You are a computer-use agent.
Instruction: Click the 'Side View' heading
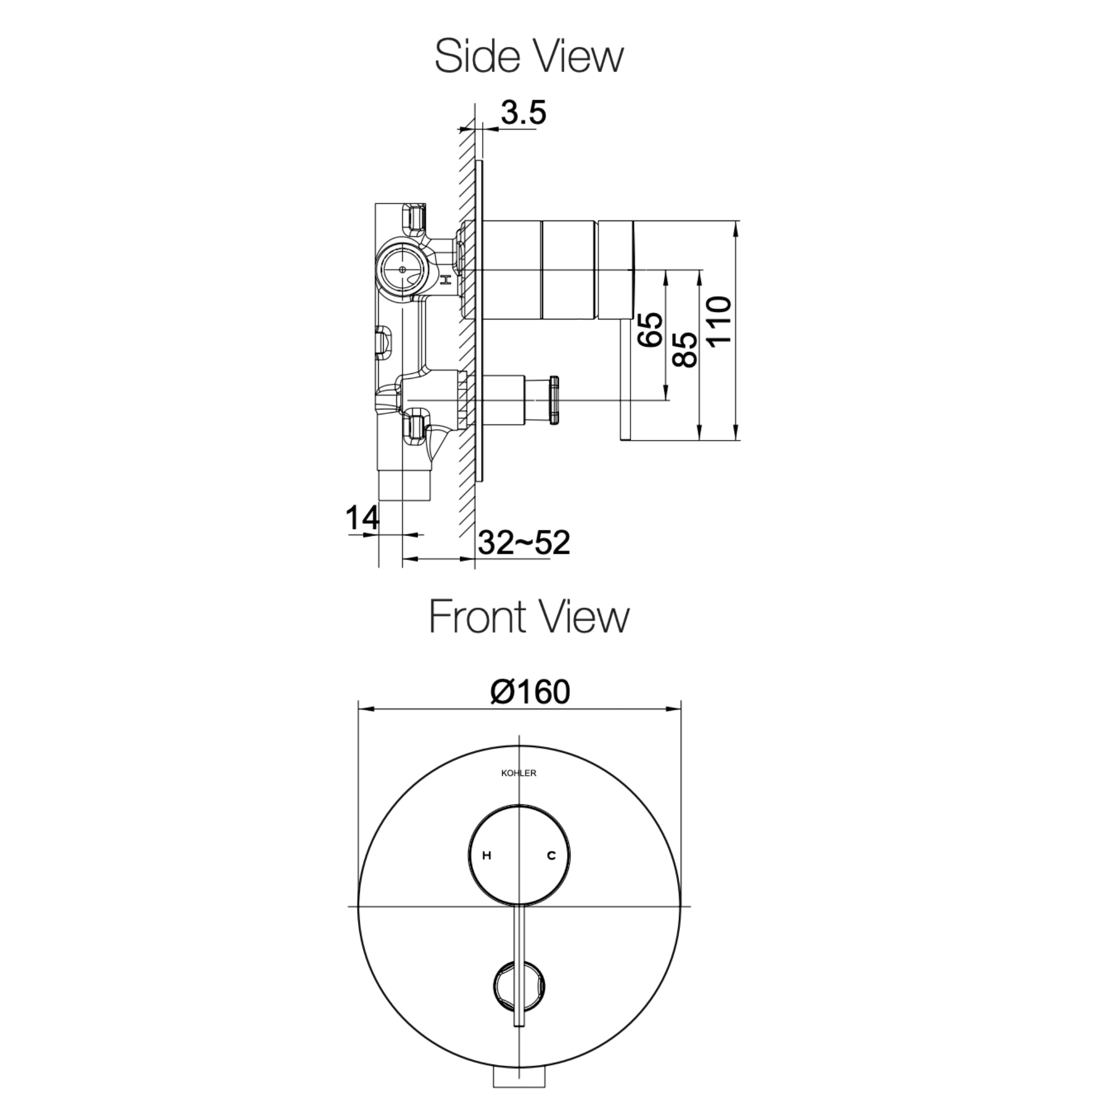point(529,57)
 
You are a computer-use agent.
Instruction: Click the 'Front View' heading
point(529,617)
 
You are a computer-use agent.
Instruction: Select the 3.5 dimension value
point(523,114)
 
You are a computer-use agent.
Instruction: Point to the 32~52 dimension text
point(524,543)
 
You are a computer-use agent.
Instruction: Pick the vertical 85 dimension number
point(686,349)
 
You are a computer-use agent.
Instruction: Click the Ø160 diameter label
point(530,692)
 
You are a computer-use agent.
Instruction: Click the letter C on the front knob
point(551,855)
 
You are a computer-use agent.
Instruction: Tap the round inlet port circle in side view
point(402,270)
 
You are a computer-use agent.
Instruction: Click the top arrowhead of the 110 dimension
point(735,228)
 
